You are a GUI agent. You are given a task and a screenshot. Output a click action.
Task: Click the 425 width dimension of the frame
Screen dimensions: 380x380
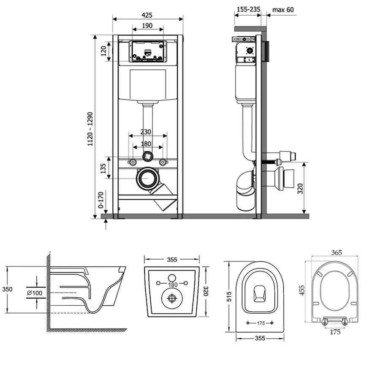[147, 15]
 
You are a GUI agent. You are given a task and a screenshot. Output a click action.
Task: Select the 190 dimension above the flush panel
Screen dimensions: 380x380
[147, 26]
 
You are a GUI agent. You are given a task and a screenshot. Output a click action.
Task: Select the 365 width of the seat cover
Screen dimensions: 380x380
[337, 252]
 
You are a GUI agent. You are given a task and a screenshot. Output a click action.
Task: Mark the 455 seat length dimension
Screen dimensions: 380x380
[302, 290]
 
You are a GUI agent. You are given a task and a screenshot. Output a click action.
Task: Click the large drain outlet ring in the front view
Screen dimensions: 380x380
[147, 179]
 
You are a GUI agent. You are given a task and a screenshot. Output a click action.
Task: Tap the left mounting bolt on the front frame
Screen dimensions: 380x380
[133, 162]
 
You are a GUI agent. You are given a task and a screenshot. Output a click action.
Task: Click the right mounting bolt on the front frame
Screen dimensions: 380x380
[162, 162]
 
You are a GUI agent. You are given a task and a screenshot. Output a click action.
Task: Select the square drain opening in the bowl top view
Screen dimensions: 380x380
[260, 292]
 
